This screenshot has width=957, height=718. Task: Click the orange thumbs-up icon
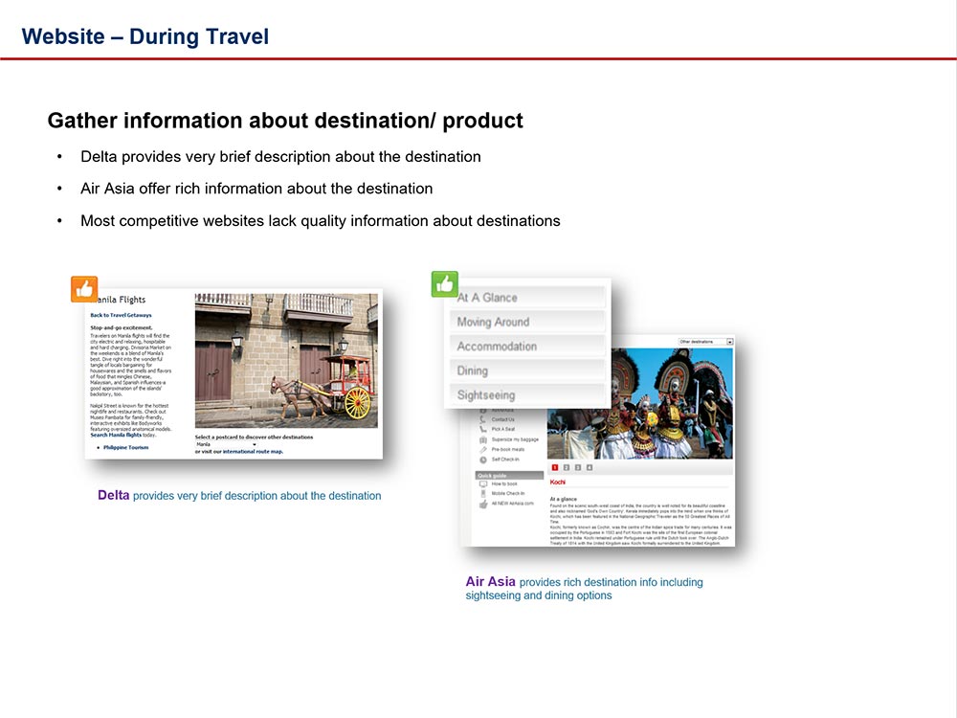(84, 289)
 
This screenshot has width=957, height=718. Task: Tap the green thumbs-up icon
(445, 284)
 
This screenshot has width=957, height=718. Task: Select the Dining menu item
(473, 370)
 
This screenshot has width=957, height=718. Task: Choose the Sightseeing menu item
(486, 394)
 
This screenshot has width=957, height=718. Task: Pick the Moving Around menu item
(493, 322)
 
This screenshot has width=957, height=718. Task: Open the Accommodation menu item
(497, 346)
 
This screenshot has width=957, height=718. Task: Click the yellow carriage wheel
(357, 401)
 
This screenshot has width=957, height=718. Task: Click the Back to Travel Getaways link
(121, 315)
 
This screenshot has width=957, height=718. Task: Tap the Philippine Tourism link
(125, 447)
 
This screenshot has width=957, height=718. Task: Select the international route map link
(253, 451)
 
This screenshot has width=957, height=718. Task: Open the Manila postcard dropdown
(226, 444)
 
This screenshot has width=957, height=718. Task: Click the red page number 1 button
(555, 467)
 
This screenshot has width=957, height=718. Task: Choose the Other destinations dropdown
(705, 341)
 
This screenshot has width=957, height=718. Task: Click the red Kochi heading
(558, 482)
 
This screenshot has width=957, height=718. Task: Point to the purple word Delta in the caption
(114, 496)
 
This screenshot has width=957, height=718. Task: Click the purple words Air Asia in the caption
(490, 581)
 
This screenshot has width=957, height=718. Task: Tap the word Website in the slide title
(62, 37)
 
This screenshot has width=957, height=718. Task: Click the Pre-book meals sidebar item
(508, 449)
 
